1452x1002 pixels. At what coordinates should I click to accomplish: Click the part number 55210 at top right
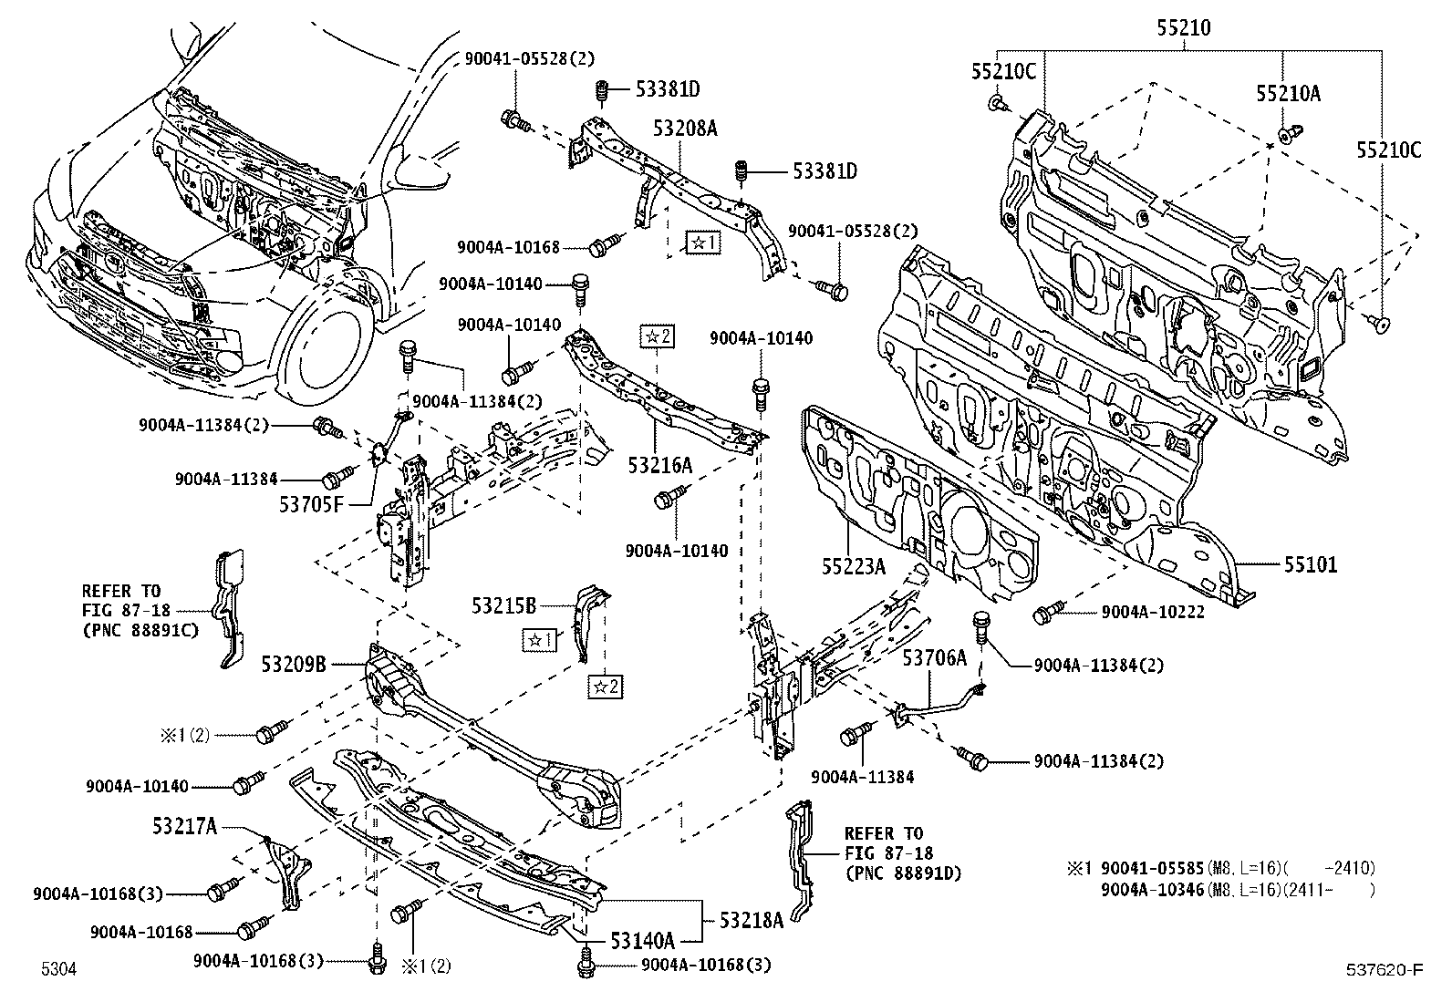(1184, 28)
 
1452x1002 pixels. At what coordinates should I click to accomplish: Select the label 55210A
(1288, 93)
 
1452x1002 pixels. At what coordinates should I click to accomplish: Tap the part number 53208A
(685, 129)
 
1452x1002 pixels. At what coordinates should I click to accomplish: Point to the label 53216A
(659, 466)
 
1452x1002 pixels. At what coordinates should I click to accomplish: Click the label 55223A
(853, 566)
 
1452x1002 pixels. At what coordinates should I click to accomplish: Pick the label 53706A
(934, 656)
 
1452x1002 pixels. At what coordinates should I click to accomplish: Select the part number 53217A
(185, 826)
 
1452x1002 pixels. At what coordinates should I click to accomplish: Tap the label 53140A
(643, 940)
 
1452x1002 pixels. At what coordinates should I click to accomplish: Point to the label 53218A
(752, 921)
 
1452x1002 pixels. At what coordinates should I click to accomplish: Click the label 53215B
(503, 604)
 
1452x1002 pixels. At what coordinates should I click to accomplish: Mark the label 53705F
(311, 504)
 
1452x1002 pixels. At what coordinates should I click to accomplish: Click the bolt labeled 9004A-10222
(1046, 615)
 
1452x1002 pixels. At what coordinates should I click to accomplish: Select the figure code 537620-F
(1385, 969)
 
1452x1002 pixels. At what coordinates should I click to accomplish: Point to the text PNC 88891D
(903, 873)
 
